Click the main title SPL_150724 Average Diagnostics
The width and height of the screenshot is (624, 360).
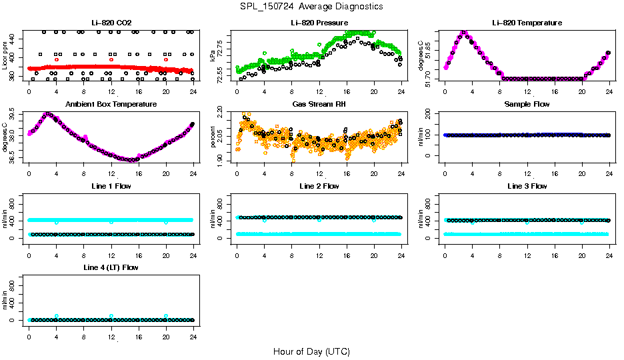[312, 6]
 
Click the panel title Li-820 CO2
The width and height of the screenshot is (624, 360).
[111, 23]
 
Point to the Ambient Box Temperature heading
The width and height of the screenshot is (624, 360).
[111, 105]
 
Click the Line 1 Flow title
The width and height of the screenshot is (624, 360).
[111, 186]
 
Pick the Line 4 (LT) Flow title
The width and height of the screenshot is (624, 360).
[111, 267]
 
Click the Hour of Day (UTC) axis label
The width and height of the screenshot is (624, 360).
[311, 351]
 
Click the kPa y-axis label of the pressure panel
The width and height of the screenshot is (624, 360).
[213, 55]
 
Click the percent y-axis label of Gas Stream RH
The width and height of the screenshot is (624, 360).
[213, 136]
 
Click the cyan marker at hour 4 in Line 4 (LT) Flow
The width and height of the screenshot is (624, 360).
[57, 316]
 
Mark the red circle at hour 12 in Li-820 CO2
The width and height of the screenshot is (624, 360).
[111, 59]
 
